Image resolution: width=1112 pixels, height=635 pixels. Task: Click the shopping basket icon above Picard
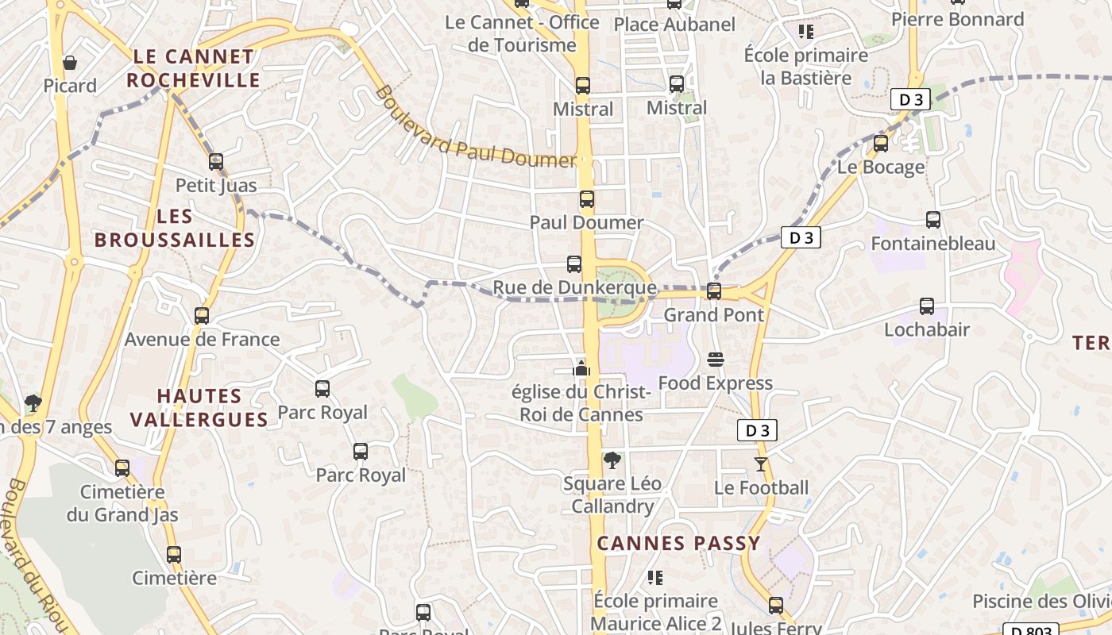70,62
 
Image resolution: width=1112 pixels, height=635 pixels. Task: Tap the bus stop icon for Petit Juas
216,162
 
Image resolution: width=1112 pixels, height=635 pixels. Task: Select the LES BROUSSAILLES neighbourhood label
175,228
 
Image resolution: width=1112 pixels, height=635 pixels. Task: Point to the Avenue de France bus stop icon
202,316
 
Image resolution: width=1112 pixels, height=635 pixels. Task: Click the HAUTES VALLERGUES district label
199,407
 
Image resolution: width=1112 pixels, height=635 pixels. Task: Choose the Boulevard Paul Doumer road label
474,127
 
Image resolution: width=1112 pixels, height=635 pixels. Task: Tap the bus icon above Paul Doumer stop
587,199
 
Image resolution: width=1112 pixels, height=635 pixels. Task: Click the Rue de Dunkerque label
575,287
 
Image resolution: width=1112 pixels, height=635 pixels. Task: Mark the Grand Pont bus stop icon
714,291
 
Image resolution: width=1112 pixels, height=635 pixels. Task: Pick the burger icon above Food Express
715,360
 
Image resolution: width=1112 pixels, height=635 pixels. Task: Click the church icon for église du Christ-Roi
581,368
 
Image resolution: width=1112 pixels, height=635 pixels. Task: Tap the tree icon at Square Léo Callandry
612,460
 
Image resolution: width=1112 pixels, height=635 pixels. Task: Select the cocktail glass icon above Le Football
761,464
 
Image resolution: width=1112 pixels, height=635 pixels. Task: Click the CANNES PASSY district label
678,544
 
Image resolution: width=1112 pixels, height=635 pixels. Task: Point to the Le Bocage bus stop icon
881,144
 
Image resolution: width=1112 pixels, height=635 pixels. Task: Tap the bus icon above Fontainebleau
933,220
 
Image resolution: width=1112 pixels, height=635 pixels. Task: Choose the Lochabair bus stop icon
927,306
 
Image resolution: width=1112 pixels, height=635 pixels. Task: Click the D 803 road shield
1031,630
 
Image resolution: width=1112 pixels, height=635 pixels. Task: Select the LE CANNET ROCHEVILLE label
193,68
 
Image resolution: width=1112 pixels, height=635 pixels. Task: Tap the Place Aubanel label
675,25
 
